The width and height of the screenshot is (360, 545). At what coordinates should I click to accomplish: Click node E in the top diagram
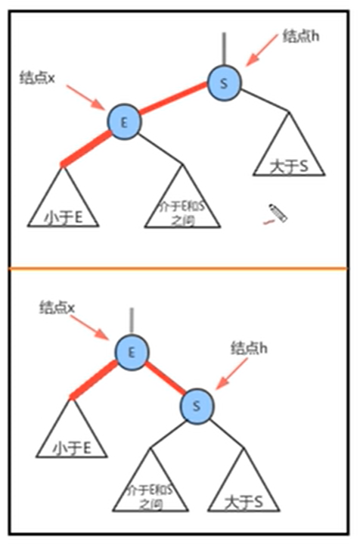[x=124, y=121]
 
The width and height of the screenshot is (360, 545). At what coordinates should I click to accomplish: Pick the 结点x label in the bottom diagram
[x=58, y=307]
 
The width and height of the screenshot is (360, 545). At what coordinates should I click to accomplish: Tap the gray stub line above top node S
[x=225, y=50]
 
